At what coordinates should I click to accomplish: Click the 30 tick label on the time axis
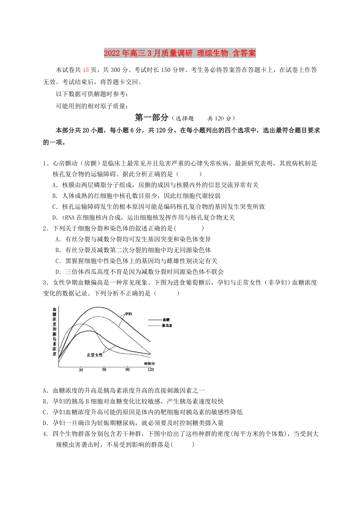pos(81,369)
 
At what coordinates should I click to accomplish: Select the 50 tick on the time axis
pos(104,369)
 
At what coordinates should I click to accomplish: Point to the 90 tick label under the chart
pos(128,369)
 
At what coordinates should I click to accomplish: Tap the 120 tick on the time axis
pos(150,369)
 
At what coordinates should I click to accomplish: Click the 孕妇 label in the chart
pos(128,314)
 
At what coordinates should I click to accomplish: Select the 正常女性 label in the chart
pos(94,355)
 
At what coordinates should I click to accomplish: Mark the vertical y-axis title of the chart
pos(54,332)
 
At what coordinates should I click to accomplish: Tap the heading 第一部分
pos(151,117)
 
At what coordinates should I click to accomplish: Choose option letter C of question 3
pos(45,412)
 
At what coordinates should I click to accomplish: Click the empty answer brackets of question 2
pos(189,228)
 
